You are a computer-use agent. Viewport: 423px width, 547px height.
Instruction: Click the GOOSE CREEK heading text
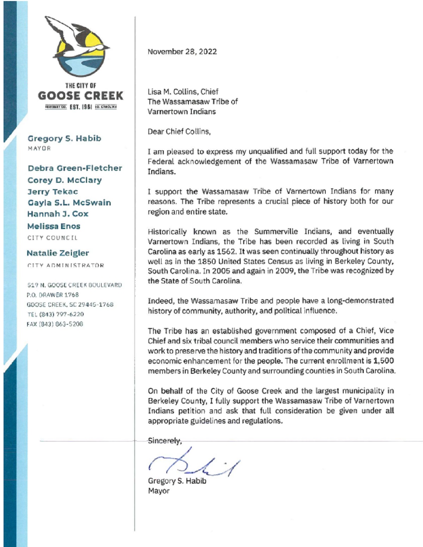pyautogui.click(x=81, y=96)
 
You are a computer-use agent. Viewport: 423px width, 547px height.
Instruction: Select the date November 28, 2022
pyautogui.click(x=182, y=52)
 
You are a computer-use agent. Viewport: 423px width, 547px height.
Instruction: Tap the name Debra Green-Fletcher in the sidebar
pyautogui.click(x=75, y=168)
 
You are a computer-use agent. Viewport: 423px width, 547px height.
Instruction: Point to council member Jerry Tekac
pyautogui.click(x=53, y=192)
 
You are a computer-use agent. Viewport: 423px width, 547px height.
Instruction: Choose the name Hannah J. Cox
pyautogui.click(x=58, y=214)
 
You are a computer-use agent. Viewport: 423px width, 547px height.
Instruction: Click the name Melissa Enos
pyautogui.click(x=54, y=226)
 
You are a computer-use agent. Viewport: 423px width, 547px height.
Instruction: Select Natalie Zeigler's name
pyautogui.click(x=58, y=253)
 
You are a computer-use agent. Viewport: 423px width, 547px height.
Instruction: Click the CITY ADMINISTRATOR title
pyautogui.click(x=66, y=265)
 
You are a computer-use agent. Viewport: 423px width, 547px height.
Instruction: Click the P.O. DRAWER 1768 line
pyautogui.click(x=53, y=295)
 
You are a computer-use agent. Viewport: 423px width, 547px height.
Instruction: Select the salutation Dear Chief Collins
pyautogui.click(x=179, y=132)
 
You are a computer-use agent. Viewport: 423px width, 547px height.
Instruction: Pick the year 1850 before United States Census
pyautogui.click(x=207, y=261)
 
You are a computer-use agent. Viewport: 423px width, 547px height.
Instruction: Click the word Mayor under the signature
pyautogui.click(x=159, y=491)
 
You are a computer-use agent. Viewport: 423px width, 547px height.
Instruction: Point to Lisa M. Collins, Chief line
pyautogui.click(x=183, y=92)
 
